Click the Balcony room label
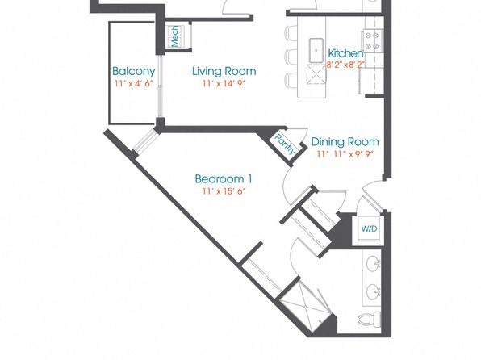pyautogui.click(x=133, y=71)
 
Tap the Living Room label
pyautogui.click(x=224, y=71)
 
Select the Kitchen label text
pyautogui.click(x=345, y=53)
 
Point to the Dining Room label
pyautogui.click(x=345, y=142)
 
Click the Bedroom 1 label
pyautogui.click(x=224, y=178)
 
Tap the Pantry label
pyautogui.click(x=286, y=144)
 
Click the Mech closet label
pyautogui.click(x=174, y=36)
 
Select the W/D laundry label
pyautogui.click(x=369, y=228)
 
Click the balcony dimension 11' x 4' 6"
pyautogui.click(x=133, y=83)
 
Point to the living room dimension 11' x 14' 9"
pyautogui.click(x=224, y=83)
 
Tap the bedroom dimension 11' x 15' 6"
pyautogui.click(x=224, y=191)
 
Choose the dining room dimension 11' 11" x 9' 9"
pyautogui.click(x=345, y=153)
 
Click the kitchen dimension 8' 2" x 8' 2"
pyautogui.click(x=345, y=65)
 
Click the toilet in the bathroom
pyautogui.click(x=370, y=320)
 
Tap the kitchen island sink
pyautogui.click(x=316, y=50)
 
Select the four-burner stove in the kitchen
pyautogui.click(x=372, y=41)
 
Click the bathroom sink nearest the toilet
pyautogui.click(x=374, y=291)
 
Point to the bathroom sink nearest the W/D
pyautogui.click(x=374, y=264)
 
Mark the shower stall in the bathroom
pyautogui.click(x=306, y=307)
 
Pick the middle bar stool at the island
pyautogui.click(x=291, y=56)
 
